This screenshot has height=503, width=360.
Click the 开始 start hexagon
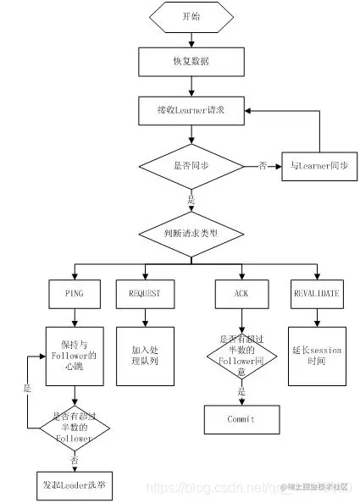pos(192,17)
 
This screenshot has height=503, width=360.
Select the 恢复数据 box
pos(192,62)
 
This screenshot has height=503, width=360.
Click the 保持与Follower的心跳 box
pos(75,356)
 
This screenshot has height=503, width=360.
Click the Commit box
pos(241,419)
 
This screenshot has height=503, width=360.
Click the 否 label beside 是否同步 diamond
pos(263,166)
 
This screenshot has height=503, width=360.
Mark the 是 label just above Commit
pos(241,392)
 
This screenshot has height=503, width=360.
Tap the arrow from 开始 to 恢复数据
pos(192,39)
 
